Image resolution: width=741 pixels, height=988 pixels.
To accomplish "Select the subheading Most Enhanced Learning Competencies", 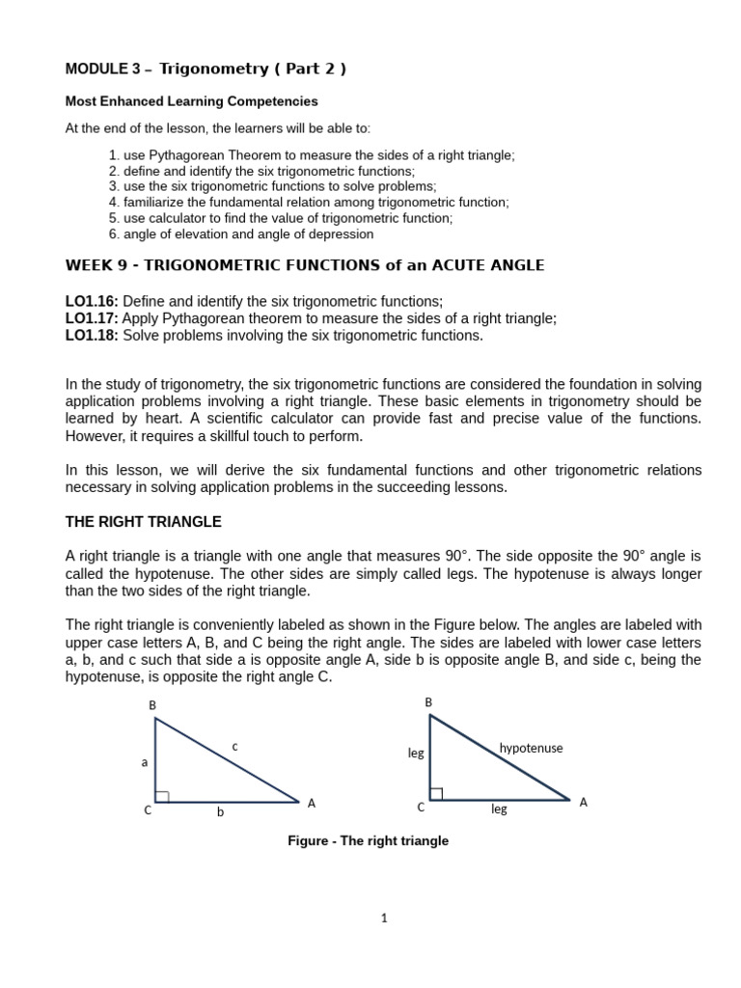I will pyautogui.click(x=191, y=101).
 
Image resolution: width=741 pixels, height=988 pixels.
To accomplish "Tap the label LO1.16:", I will pyautogui.click(x=92, y=302).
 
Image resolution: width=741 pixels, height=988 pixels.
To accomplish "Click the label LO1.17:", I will pyautogui.click(x=92, y=318).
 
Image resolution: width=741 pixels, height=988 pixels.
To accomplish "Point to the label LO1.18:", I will pyautogui.click(x=92, y=335).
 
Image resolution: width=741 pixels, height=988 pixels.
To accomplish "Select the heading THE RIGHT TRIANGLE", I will pyautogui.click(x=143, y=522).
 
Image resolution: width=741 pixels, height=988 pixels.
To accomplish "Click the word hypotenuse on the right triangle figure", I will pyautogui.click(x=531, y=748).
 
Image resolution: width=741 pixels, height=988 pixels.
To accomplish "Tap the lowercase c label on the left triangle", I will pyautogui.click(x=234, y=745).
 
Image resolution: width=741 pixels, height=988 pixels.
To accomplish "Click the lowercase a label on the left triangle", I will pyautogui.click(x=145, y=761).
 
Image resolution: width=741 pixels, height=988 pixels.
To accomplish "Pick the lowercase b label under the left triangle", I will pyautogui.click(x=220, y=812).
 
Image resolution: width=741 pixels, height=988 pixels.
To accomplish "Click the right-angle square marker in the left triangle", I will pyautogui.click(x=162, y=796).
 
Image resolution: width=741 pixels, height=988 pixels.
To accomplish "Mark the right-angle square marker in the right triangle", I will pyautogui.click(x=436, y=794).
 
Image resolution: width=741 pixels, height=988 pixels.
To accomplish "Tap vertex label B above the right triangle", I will pyautogui.click(x=429, y=702).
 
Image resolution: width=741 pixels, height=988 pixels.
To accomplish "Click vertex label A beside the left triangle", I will pyautogui.click(x=312, y=803).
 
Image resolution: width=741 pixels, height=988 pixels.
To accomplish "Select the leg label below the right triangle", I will pyautogui.click(x=499, y=810).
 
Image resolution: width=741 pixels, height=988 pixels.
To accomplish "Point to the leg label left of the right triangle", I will pyautogui.click(x=416, y=753).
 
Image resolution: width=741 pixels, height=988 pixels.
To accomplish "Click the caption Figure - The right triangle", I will pyautogui.click(x=368, y=840).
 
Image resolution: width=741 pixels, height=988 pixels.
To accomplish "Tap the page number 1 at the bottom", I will pyautogui.click(x=383, y=919).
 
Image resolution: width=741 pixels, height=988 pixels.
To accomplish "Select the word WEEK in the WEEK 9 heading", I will pyautogui.click(x=88, y=265).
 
